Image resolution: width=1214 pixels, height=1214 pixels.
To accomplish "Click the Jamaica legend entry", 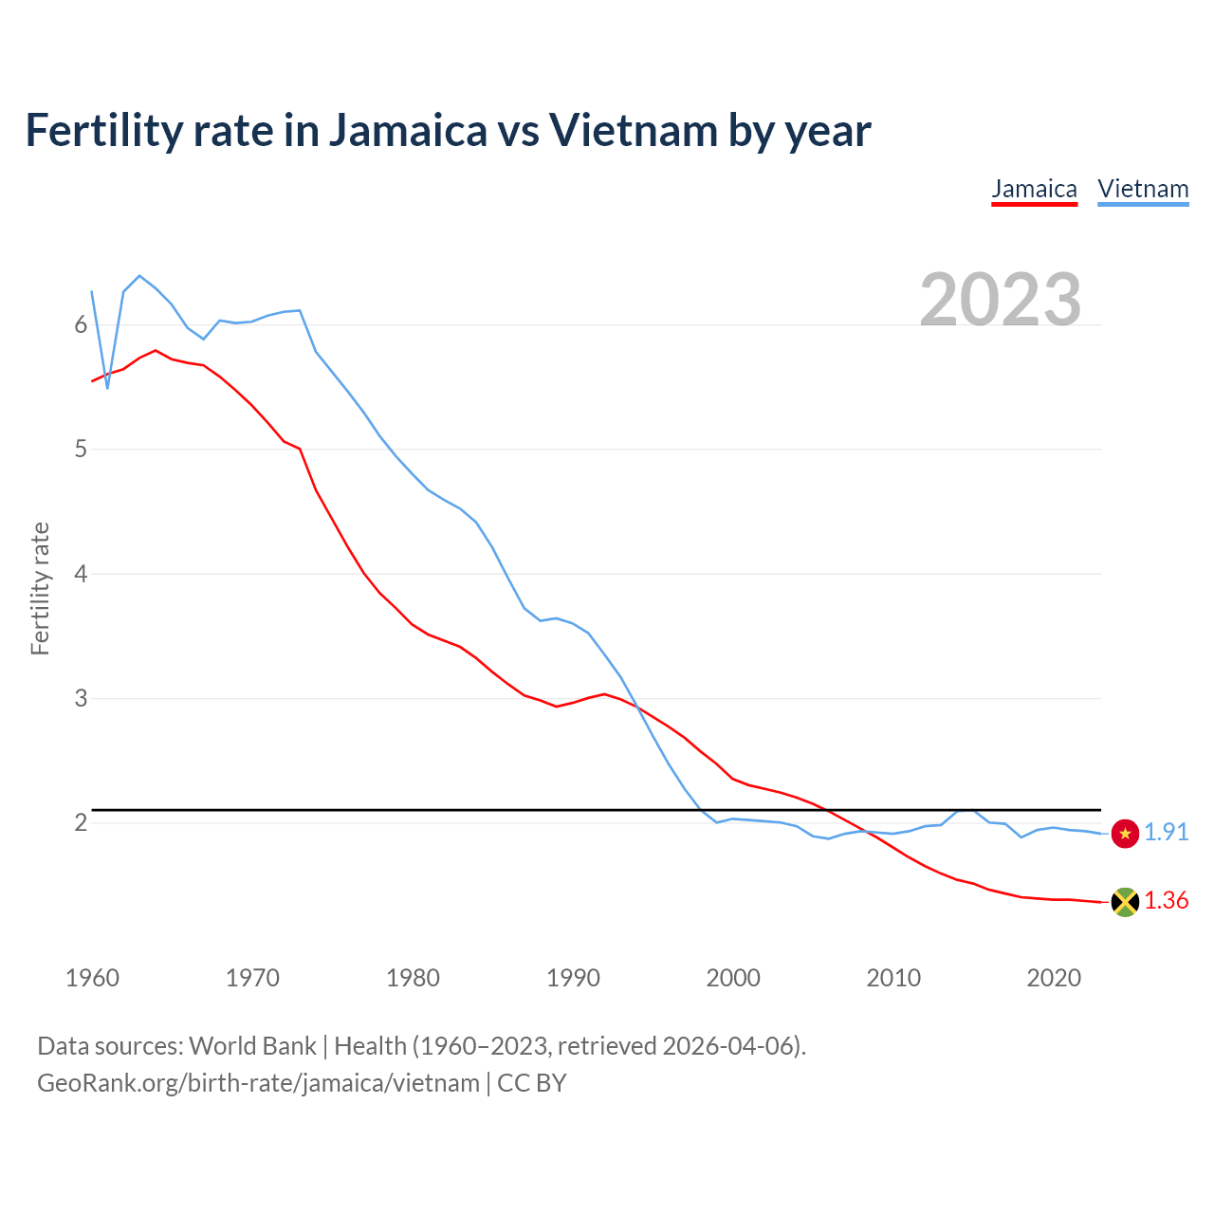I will (1034, 189).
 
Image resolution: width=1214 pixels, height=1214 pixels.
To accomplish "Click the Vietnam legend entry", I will (1143, 189).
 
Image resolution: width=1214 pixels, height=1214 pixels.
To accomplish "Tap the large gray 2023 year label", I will (1001, 300).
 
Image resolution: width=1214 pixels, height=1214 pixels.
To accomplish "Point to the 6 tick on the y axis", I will (81, 325).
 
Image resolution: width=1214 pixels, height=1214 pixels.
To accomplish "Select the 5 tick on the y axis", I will (81, 450).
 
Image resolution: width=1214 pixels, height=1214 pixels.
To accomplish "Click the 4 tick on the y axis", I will (81, 574).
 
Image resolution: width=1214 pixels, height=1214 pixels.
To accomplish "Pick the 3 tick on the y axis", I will (81, 699).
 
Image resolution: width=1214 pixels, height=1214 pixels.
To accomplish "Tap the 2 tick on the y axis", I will (81, 823).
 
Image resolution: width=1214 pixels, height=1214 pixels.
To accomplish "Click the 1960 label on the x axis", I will (92, 978).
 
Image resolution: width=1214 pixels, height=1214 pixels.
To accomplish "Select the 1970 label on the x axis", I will (252, 978).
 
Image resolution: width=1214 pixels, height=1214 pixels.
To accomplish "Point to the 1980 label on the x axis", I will (413, 978).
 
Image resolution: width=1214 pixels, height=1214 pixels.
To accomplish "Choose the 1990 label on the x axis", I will (573, 978).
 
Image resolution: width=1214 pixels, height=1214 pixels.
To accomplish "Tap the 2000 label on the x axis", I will (733, 978).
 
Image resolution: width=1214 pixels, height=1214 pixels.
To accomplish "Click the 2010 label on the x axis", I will (893, 978).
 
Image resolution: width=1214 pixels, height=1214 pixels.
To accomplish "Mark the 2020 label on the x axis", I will (1054, 978).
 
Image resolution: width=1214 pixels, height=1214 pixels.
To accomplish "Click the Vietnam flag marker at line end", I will (1125, 834).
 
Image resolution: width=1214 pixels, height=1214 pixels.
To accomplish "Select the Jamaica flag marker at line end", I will (1125, 902).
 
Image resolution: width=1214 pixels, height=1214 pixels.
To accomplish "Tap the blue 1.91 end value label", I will (1166, 833).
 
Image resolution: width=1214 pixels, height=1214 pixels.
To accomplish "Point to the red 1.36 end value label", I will (1166, 901).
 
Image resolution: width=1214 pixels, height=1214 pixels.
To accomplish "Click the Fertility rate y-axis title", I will (40, 588).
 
